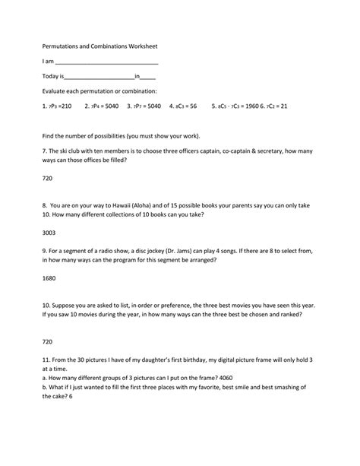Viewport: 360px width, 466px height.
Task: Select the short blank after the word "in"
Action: pos(149,77)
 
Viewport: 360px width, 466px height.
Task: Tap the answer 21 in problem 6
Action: pos(283,106)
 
